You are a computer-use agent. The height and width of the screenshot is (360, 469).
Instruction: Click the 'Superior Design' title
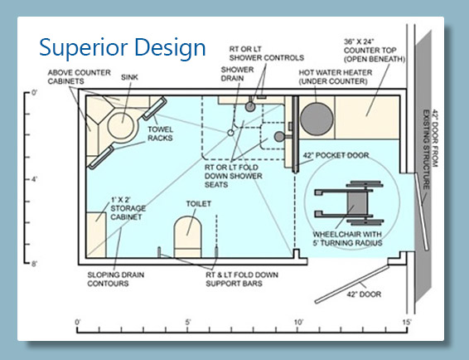coord(123,48)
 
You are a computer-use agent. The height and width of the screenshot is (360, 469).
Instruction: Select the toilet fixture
coord(187,237)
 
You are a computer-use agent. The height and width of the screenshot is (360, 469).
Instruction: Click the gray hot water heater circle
coord(317,119)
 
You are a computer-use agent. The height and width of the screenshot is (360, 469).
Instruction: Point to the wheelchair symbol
coord(349,202)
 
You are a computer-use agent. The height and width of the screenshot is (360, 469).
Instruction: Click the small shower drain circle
coord(230,133)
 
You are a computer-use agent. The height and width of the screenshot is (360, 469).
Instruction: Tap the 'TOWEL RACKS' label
coord(160,134)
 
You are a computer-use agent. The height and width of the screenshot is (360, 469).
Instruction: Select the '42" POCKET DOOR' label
coord(336,155)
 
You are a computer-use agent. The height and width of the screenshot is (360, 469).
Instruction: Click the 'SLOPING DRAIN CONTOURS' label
coord(116,280)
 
